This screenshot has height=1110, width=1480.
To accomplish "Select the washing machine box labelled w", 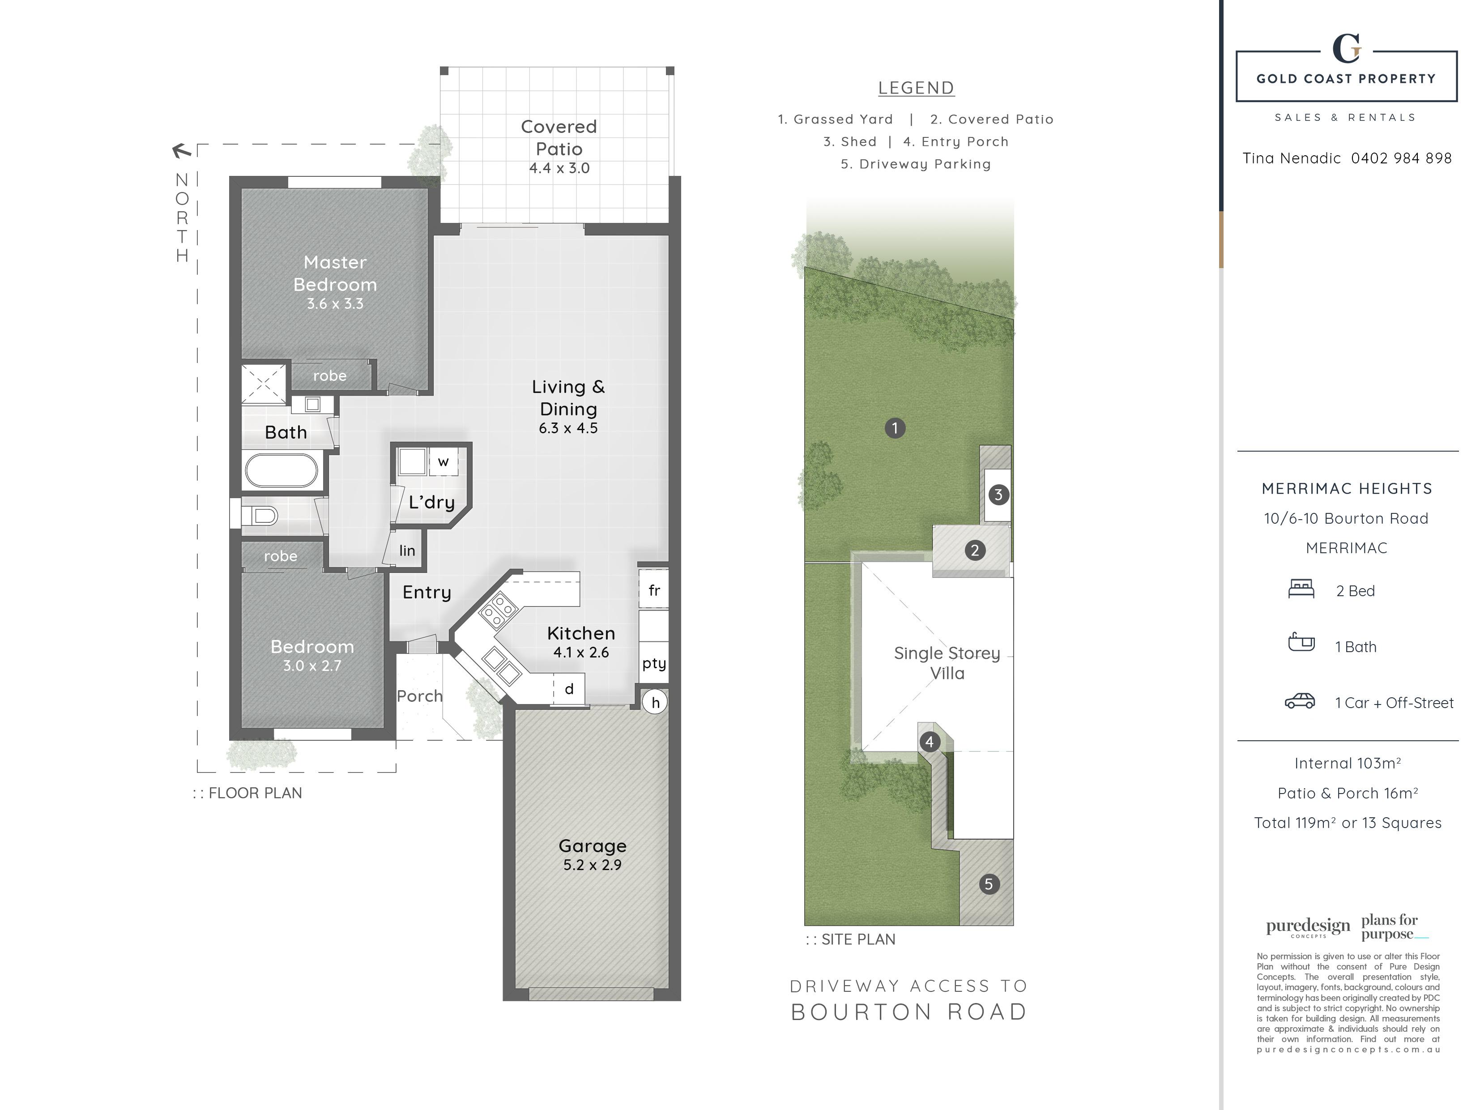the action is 443,461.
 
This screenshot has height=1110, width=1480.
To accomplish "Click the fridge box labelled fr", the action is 654,589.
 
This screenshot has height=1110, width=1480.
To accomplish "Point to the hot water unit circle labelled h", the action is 655,702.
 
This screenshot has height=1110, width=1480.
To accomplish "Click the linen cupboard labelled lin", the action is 407,550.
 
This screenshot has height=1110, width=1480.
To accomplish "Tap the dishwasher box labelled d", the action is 569,688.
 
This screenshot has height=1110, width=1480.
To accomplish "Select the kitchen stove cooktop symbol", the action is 498,610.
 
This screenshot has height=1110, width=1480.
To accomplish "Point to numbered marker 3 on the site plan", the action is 998,495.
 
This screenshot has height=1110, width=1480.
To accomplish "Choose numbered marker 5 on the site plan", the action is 989,884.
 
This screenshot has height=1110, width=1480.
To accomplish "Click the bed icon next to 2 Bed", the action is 1301,589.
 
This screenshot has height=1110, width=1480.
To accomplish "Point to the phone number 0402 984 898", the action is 1401,158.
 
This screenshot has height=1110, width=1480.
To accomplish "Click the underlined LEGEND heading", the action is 916,88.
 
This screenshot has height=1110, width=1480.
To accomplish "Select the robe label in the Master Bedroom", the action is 330,376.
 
